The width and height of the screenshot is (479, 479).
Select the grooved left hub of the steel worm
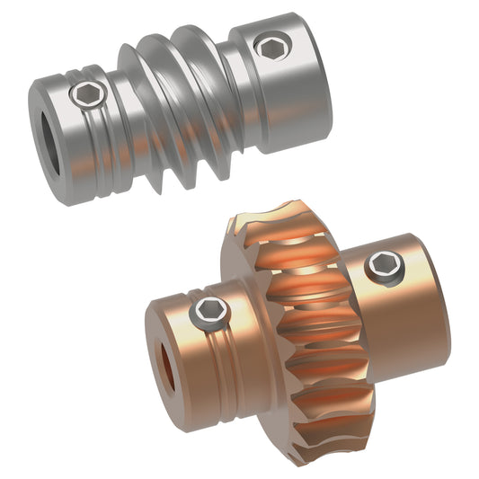tap(90, 135)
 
